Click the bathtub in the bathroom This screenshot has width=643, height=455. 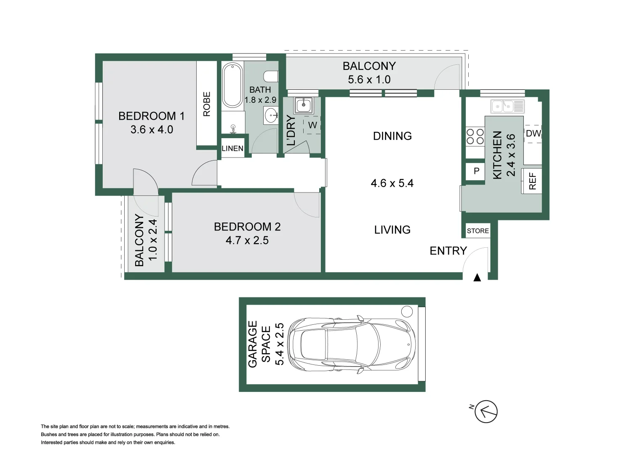[232, 85]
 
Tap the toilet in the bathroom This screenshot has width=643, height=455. [271, 77]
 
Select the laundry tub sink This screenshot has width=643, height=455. [303, 105]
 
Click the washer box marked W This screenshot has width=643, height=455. [312, 125]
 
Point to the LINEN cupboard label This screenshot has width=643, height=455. [232, 148]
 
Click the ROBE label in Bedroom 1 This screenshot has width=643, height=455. [207, 104]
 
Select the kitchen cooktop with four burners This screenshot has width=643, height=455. [475, 137]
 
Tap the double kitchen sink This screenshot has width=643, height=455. [507, 106]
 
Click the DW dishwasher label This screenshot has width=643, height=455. [533, 134]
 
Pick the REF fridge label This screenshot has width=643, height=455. [532, 181]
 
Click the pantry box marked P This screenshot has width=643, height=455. [477, 171]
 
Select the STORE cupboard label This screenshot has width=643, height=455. [478, 231]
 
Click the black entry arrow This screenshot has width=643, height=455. [477, 278]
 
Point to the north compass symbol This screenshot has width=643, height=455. [486, 411]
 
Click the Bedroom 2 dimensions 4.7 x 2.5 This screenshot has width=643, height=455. [247, 241]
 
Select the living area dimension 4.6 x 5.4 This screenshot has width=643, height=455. [392, 183]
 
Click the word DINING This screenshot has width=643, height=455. [392, 136]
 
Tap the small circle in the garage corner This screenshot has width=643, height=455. [407, 312]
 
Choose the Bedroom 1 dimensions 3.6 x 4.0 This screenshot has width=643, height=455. [152, 130]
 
